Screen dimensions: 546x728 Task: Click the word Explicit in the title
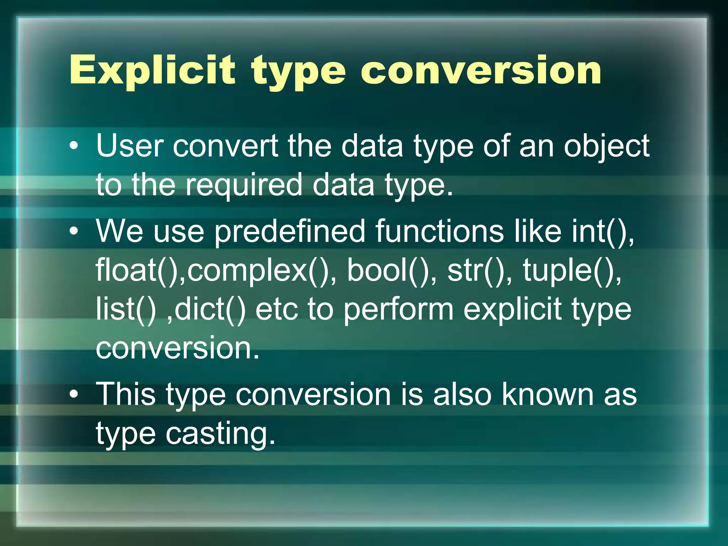152,70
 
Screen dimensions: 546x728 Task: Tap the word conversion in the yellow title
481,70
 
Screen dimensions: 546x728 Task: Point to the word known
547,395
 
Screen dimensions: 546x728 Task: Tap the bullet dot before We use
74,231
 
